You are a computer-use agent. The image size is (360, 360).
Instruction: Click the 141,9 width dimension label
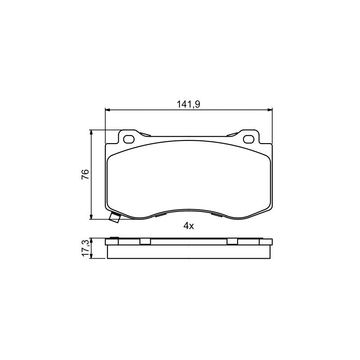click(x=188, y=104)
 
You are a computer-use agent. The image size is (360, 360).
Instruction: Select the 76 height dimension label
click(x=85, y=174)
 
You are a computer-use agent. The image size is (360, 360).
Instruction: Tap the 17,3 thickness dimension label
click(x=85, y=248)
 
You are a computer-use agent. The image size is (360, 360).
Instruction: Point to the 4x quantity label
click(x=189, y=226)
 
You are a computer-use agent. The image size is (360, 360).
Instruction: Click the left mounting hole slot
click(x=129, y=139)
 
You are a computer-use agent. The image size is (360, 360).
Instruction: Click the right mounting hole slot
click(x=249, y=139)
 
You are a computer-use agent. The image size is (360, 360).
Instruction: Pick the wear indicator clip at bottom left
click(x=115, y=217)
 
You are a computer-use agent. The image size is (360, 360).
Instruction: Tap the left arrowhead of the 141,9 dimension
click(x=108, y=110)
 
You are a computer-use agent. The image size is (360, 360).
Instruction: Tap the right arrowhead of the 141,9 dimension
click(x=269, y=110)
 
